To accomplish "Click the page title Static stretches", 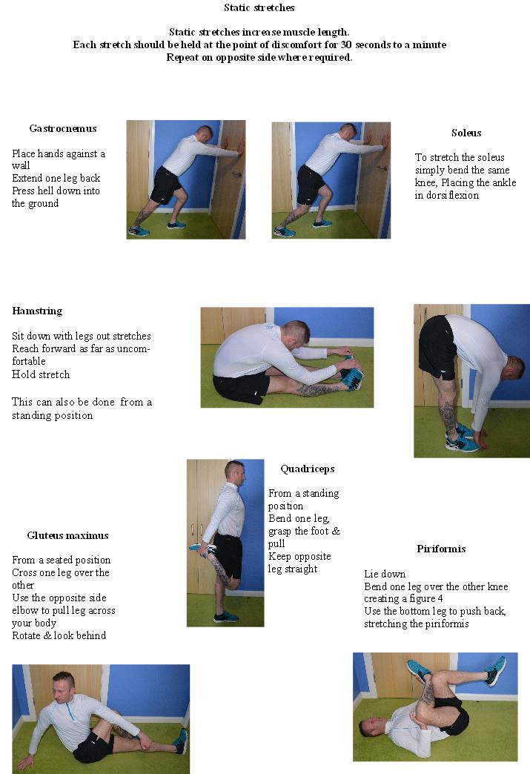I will click(x=259, y=8).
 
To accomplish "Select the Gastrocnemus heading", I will click(x=63, y=128).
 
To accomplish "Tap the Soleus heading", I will click(x=466, y=133).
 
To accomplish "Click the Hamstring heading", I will click(x=37, y=311).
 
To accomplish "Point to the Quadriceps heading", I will click(x=307, y=469).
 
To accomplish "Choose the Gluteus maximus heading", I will click(x=67, y=535).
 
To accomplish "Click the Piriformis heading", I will click(x=441, y=549).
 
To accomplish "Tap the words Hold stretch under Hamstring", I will click(x=41, y=374).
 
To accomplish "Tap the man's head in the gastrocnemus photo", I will click(x=205, y=133).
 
